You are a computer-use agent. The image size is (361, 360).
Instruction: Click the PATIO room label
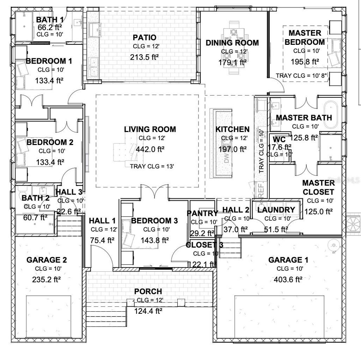click(x=145, y=37)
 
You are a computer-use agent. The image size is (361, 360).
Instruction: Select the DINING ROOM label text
click(x=232, y=43)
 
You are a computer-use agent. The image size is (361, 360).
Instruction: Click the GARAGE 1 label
click(x=288, y=260)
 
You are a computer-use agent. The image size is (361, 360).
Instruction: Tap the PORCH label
click(x=148, y=292)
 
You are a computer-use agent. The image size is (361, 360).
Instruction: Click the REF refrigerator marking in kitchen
click(x=262, y=191)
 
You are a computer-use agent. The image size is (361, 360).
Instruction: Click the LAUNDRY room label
click(x=276, y=210)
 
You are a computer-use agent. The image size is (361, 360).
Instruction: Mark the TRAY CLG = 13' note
click(x=152, y=167)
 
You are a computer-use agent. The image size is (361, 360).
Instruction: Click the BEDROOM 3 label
click(x=154, y=221)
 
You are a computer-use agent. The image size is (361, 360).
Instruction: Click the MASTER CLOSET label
click(x=318, y=187)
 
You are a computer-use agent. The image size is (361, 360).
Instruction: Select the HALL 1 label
click(x=102, y=221)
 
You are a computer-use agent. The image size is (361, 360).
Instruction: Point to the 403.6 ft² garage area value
click(x=288, y=280)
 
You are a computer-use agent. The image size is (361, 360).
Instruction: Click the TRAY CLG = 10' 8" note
click(x=302, y=76)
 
